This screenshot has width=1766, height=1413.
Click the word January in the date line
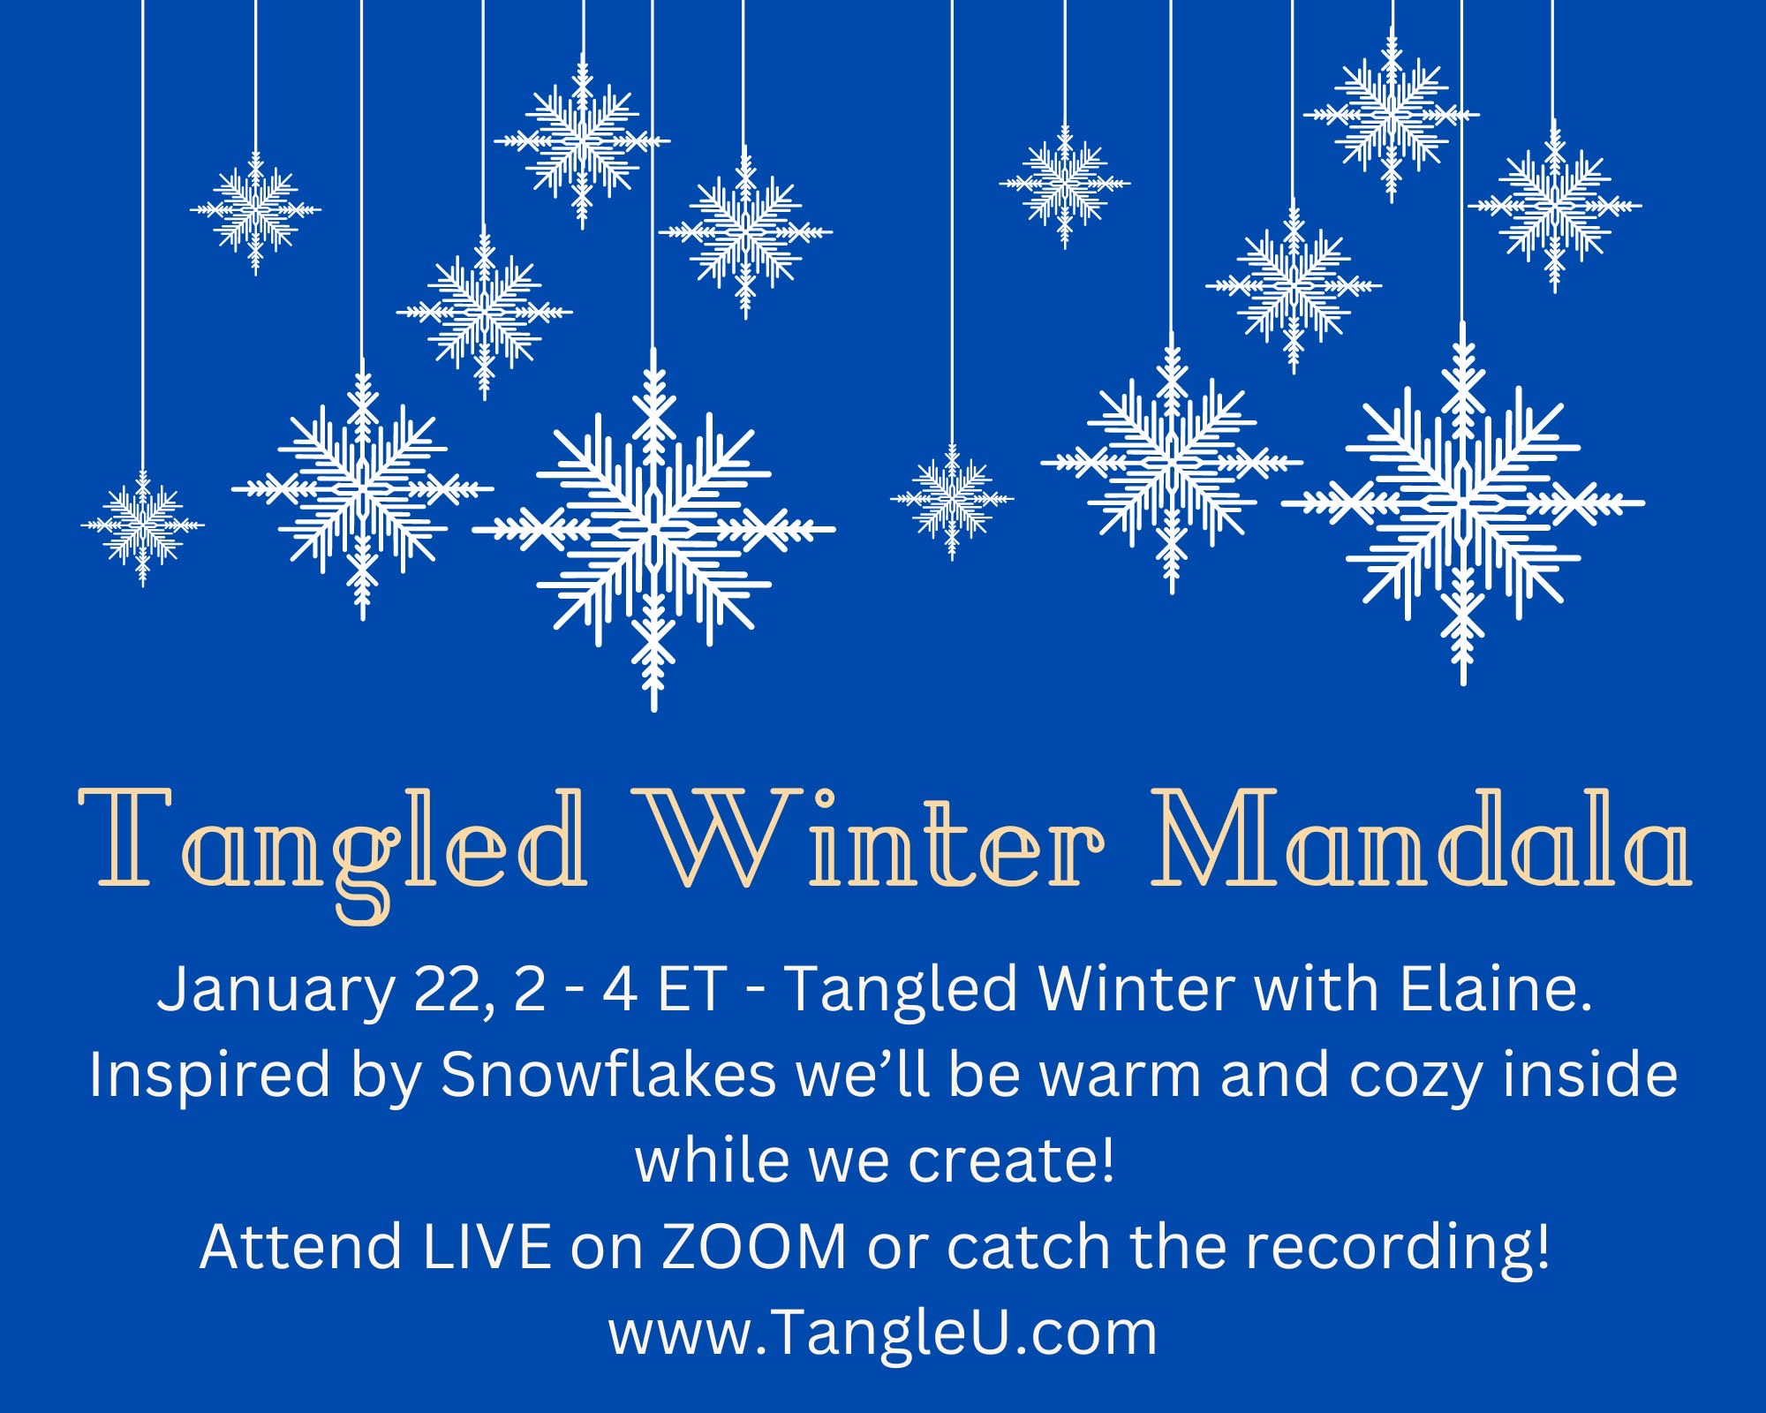point(275,991)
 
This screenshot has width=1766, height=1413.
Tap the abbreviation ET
point(691,989)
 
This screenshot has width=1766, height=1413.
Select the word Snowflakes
point(608,1075)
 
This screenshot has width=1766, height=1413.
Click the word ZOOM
point(754,1246)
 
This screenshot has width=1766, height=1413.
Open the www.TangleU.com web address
point(882,1333)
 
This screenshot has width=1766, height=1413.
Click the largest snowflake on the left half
point(653,530)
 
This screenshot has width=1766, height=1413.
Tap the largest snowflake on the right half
point(1463,503)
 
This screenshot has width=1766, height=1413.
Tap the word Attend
point(301,1246)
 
